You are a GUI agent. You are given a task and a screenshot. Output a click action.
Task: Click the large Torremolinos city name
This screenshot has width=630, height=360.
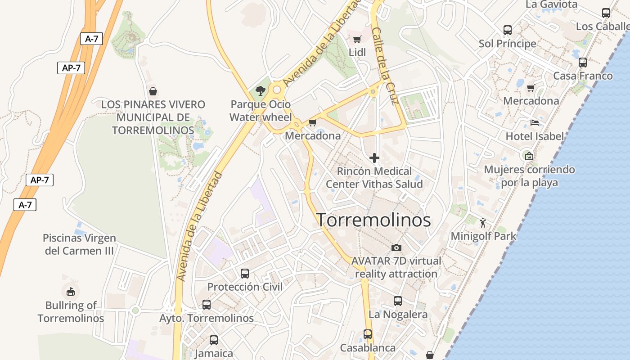pyautogui.click(x=373, y=220)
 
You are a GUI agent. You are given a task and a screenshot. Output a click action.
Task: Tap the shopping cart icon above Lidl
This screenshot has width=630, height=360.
pyautogui.click(x=357, y=39)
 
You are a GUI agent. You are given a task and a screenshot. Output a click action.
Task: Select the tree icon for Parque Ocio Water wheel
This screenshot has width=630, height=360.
pyautogui.click(x=260, y=91)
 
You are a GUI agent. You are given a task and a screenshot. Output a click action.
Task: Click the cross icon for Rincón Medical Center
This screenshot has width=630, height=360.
pyautogui.click(x=374, y=158)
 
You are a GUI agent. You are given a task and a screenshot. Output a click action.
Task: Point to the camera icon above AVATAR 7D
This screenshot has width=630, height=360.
pyautogui.click(x=396, y=247)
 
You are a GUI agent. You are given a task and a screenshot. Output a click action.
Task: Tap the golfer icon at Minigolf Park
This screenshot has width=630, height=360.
pyautogui.click(x=483, y=222)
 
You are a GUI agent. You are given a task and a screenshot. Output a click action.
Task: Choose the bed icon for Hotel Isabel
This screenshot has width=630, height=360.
pyautogui.click(x=535, y=122)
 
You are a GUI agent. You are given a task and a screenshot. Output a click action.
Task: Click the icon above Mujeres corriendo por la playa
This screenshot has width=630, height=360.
pyautogui.click(x=529, y=156)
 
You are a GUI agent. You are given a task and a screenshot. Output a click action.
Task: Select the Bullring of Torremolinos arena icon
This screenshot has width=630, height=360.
pyautogui.click(x=71, y=292)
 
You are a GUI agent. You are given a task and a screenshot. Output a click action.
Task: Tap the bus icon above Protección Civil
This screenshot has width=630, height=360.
pyautogui.click(x=245, y=273)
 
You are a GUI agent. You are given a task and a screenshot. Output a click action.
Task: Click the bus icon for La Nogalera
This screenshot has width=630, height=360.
pyautogui.click(x=398, y=301)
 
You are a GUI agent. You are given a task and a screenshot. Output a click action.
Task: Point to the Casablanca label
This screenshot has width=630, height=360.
pyautogui.click(x=368, y=348)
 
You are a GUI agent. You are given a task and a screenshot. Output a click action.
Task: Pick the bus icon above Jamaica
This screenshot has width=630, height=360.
pyautogui.click(x=214, y=340)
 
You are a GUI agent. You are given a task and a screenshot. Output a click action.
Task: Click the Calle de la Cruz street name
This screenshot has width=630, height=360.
pyautogui.click(x=386, y=65)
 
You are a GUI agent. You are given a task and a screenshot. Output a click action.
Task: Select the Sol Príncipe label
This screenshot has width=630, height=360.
pyautogui.click(x=507, y=44)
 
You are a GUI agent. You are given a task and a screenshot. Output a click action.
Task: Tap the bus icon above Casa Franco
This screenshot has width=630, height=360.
pyautogui.click(x=583, y=63)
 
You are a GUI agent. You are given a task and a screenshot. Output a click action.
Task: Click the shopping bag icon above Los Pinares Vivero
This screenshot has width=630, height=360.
pyautogui.click(x=153, y=91)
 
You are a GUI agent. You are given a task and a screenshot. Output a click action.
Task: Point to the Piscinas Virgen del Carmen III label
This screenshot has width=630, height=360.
pyautogui.click(x=79, y=244)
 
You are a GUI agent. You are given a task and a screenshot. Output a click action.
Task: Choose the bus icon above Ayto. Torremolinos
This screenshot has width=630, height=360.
pyautogui.click(x=207, y=305)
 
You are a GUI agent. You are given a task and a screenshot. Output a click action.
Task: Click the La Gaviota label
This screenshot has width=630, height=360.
pyautogui.click(x=551, y=4)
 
